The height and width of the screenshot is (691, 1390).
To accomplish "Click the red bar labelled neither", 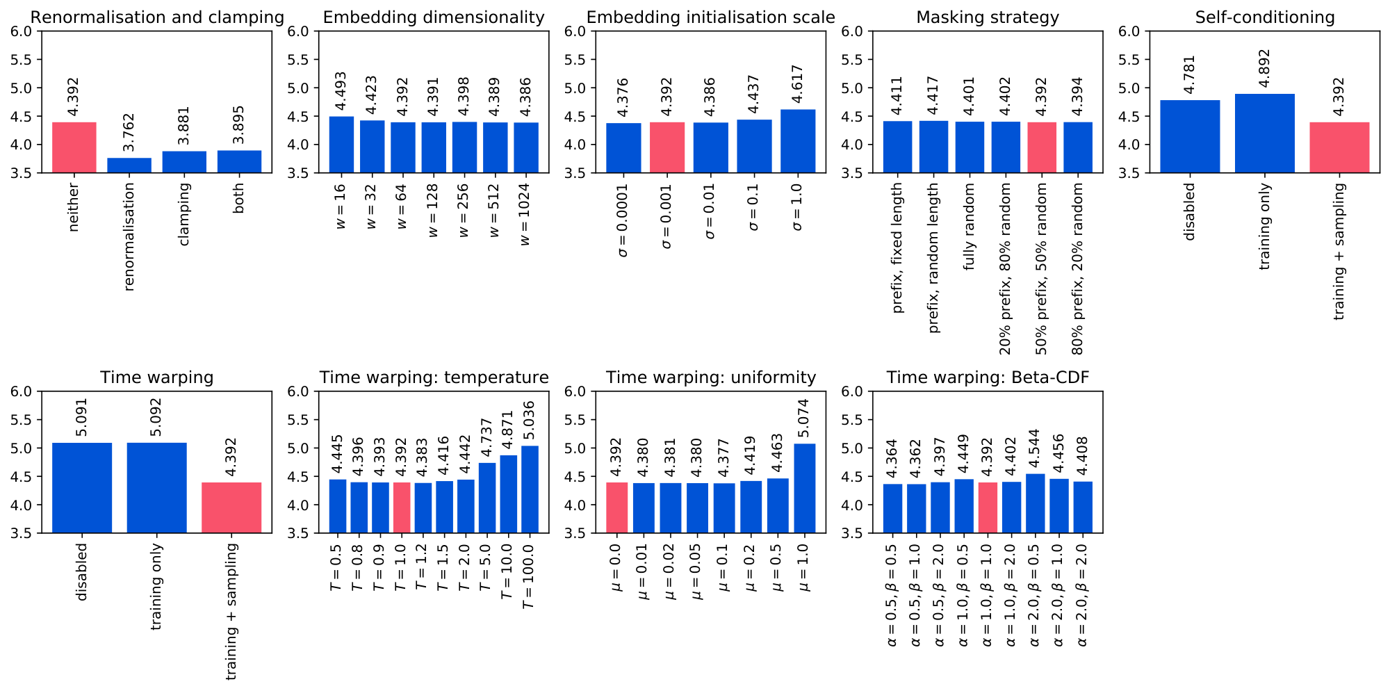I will point(74,147).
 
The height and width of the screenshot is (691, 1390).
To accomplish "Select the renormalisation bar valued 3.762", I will point(129,165).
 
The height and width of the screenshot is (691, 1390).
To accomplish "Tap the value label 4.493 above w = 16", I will point(341,91).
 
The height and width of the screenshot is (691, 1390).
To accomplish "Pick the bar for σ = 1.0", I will point(798,141).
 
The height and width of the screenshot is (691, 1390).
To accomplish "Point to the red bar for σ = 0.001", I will point(667,147).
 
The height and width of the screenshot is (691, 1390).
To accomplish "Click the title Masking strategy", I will point(988,17).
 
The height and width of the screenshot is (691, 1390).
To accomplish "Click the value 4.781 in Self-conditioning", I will point(1189,74).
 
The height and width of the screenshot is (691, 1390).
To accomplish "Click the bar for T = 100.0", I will point(530,489).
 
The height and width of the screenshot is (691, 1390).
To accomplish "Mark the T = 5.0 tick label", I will point(486,567).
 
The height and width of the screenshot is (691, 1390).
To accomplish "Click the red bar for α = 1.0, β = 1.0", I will point(988,507).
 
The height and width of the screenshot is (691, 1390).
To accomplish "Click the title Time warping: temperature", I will point(434,377).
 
